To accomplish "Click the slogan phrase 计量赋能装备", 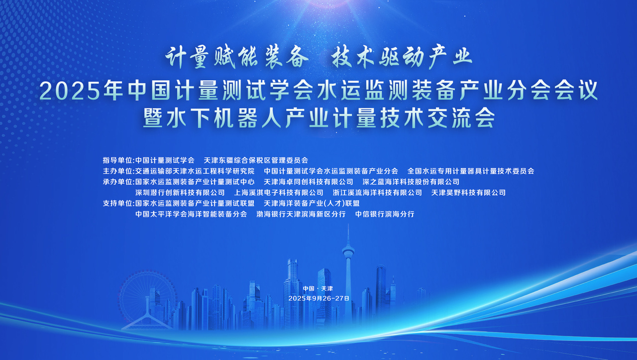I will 237,58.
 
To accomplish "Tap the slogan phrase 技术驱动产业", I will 402,58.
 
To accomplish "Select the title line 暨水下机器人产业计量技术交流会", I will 318,118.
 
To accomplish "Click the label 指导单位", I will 118,160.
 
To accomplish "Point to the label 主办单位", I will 118,171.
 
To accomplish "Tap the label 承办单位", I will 118,182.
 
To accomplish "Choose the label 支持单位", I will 118,203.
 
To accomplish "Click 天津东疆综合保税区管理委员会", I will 256,160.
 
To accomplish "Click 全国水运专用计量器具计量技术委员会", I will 471,171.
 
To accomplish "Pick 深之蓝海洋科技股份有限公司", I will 411,182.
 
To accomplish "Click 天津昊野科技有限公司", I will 468,193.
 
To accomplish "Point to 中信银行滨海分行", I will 385,214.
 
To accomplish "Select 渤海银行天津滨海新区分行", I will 301,214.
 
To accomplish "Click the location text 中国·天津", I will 318,289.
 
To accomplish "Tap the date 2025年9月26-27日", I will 319,298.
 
